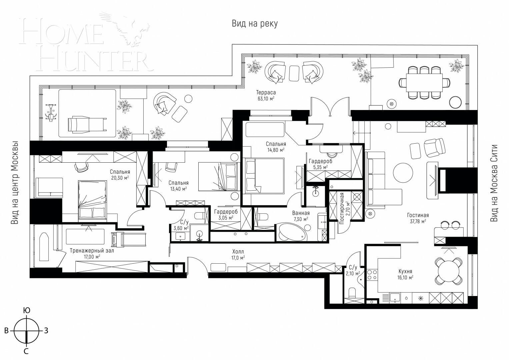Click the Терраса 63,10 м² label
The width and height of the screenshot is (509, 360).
tap(266, 95)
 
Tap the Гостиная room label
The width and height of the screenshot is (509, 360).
tap(418, 218)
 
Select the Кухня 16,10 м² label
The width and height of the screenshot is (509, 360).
tap(406, 274)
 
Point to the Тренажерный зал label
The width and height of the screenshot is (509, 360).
tap(92, 253)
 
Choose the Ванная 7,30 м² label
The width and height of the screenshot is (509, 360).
tap(301, 216)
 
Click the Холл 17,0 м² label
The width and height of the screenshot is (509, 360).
tap(238, 254)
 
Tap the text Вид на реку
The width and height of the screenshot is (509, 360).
tap(255, 24)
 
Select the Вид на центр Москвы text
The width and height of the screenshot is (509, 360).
tap(14, 183)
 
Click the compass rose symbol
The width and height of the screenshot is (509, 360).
tap(26, 331)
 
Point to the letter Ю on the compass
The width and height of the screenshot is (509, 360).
tap(26, 311)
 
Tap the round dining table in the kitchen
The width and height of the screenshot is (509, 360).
tap(449, 271)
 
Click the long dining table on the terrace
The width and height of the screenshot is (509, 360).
tap(424, 82)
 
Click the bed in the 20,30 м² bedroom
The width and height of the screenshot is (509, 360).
tap(92, 201)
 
